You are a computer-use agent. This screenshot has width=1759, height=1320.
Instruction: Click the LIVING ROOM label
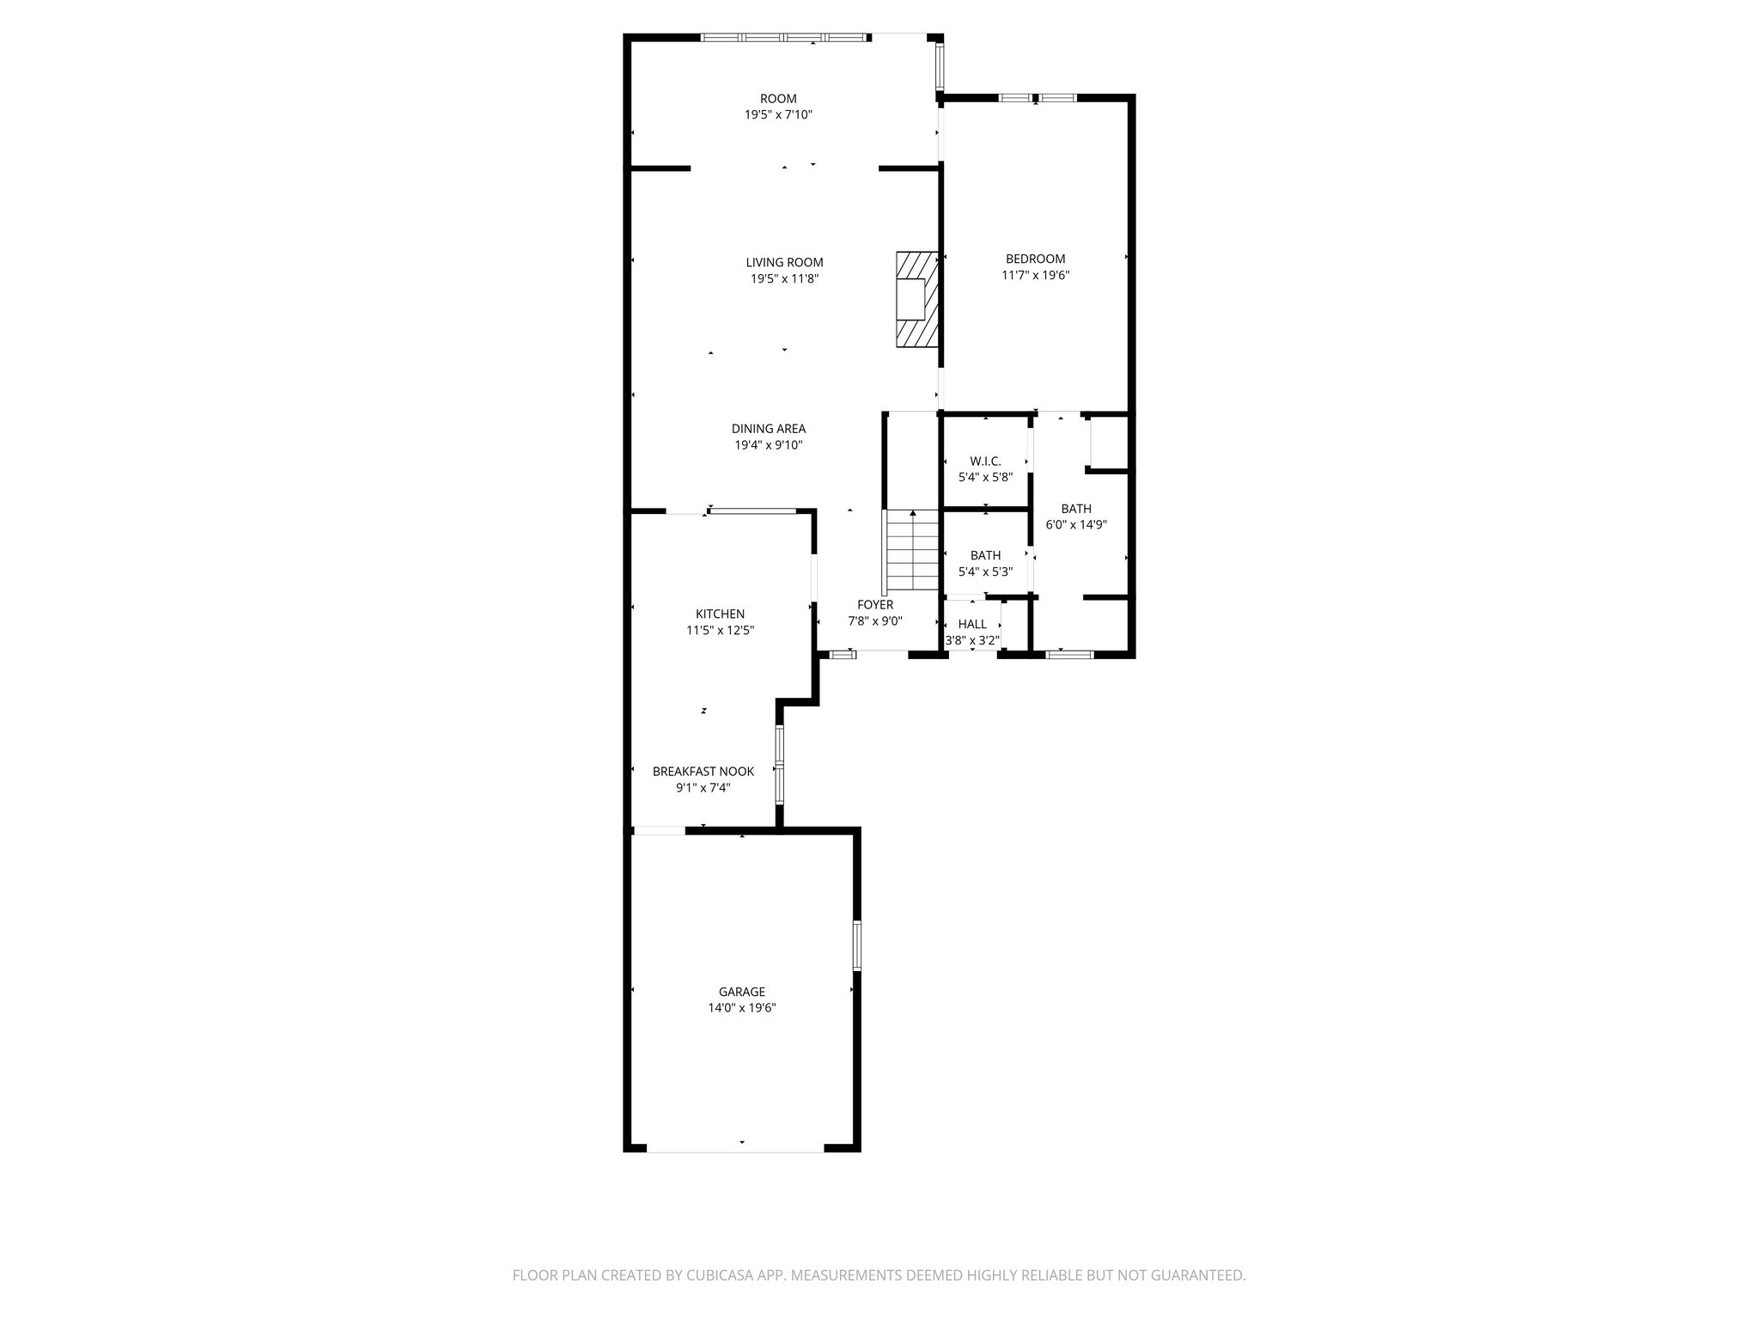click(784, 263)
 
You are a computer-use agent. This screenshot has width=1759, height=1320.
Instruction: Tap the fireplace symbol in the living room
click(916, 299)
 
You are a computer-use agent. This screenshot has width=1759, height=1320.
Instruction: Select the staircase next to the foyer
click(913, 550)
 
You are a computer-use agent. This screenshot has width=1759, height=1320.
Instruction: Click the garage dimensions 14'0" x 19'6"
click(742, 1008)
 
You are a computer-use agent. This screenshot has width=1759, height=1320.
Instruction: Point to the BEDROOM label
click(1035, 259)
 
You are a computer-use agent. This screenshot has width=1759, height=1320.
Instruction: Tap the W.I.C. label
click(985, 461)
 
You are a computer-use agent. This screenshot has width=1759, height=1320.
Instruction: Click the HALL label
click(972, 624)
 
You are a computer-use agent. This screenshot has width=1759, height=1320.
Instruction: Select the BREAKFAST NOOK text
click(703, 772)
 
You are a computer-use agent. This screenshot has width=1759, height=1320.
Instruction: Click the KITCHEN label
click(720, 614)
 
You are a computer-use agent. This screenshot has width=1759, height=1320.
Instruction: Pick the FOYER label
click(875, 605)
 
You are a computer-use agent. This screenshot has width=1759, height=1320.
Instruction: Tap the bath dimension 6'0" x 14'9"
click(1075, 524)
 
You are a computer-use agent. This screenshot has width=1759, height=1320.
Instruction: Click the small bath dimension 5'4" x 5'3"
click(985, 571)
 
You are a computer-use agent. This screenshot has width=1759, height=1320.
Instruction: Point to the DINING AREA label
click(768, 429)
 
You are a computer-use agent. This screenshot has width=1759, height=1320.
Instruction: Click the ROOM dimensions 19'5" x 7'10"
click(778, 114)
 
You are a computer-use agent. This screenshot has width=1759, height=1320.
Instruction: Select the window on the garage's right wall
click(856, 945)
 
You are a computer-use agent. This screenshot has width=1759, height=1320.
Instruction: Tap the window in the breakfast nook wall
click(780, 764)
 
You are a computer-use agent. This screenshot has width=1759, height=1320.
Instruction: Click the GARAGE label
click(742, 992)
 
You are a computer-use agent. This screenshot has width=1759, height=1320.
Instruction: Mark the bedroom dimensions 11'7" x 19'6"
click(1035, 276)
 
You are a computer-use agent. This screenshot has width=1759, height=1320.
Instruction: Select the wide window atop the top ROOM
click(783, 38)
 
